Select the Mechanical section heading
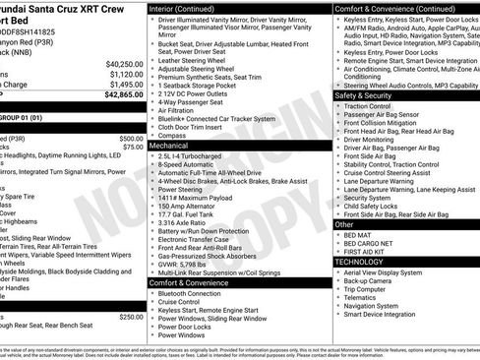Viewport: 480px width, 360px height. [x=169, y=145]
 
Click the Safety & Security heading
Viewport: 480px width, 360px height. [x=368, y=95]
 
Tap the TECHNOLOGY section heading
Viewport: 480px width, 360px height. [x=360, y=262]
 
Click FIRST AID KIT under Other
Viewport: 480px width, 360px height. [x=367, y=252]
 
